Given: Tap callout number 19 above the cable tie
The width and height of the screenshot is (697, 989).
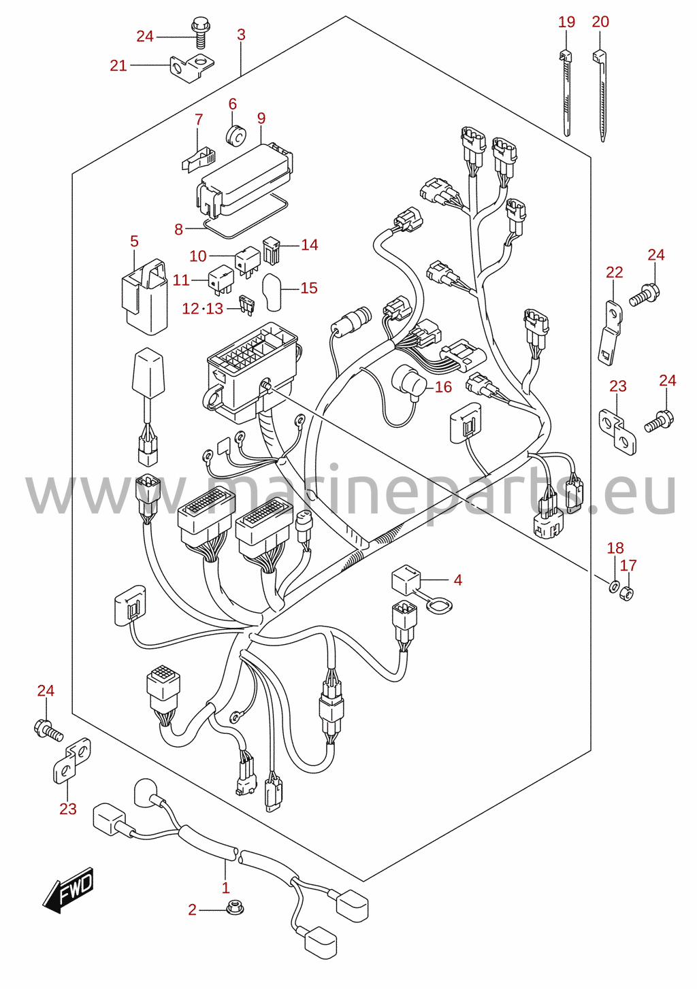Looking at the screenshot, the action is coord(566,22).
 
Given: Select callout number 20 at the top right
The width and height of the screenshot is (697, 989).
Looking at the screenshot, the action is coord(600,22).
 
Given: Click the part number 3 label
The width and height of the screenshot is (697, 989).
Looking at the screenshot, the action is coord(241,35).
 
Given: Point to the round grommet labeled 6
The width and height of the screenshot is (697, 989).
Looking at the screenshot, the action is coord(236,135).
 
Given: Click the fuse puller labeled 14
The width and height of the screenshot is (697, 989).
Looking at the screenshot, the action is coord(271,251).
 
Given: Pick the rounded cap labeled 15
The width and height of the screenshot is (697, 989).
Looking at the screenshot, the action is coord(272,292).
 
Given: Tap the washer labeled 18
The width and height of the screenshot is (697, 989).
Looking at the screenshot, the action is coord(613,587).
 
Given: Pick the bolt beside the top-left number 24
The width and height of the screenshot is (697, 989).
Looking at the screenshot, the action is coord(200,32).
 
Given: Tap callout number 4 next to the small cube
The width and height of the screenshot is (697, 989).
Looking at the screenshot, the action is coord(457,580).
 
